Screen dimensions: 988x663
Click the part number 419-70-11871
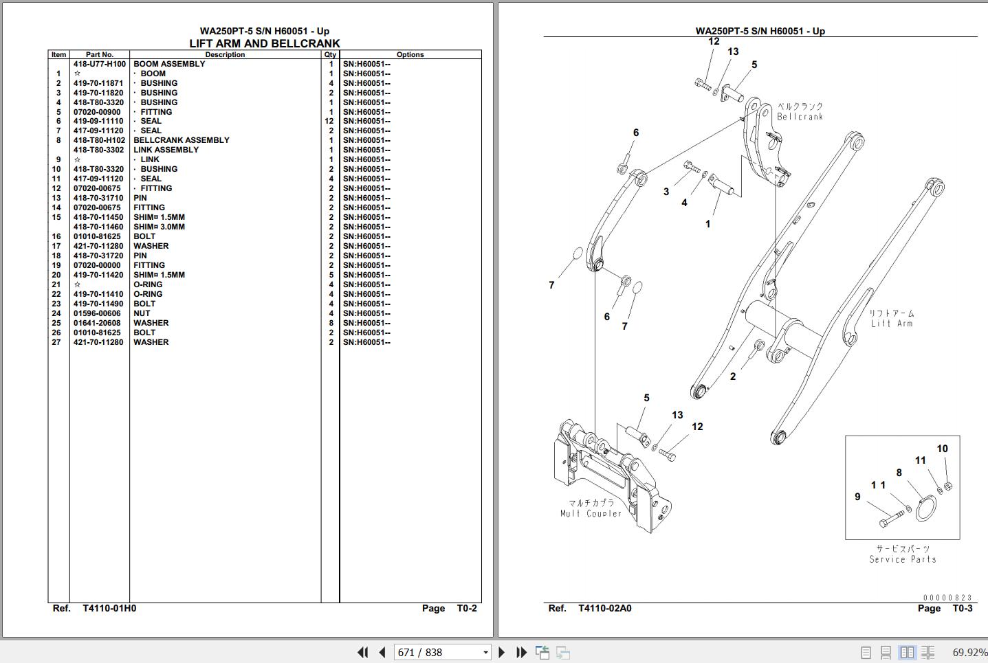(x=98, y=83)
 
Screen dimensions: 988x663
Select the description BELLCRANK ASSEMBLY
(x=182, y=140)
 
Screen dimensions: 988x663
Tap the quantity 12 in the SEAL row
(x=329, y=121)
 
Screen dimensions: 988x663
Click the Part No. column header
(x=100, y=55)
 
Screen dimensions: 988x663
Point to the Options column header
(x=410, y=55)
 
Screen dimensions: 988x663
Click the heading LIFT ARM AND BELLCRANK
(x=265, y=44)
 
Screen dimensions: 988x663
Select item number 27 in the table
(x=56, y=342)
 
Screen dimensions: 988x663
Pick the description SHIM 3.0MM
(x=160, y=227)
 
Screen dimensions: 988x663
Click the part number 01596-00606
(x=97, y=313)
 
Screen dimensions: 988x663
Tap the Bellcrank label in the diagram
(x=800, y=117)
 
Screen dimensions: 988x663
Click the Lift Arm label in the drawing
(x=892, y=323)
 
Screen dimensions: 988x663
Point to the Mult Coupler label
(x=591, y=513)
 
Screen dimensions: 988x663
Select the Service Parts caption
(x=903, y=559)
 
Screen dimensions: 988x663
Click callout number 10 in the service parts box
(x=942, y=449)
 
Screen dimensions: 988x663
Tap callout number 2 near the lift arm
(x=733, y=377)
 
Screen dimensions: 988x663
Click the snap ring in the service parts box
(x=926, y=509)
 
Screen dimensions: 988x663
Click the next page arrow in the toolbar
(x=501, y=653)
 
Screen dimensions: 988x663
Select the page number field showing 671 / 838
(x=442, y=653)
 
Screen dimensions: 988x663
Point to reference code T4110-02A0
(x=605, y=608)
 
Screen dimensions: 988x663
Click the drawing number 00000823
(x=947, y=598)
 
